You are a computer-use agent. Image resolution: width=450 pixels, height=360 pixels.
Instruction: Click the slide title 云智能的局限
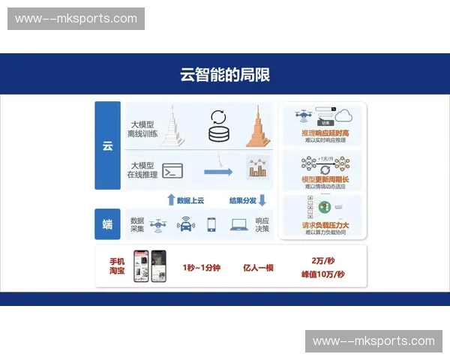(225, 74)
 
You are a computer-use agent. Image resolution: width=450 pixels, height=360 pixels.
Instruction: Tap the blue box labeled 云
(107, 145)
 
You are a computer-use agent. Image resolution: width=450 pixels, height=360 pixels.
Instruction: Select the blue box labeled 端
(107, 223)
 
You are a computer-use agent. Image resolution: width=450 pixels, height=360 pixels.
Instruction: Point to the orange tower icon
(257, 125)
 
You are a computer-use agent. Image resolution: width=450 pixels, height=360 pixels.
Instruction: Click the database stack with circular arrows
(219, 126)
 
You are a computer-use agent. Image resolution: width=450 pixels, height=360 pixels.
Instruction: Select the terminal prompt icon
(173, 171)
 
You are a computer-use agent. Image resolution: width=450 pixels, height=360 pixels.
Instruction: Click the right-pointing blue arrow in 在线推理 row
(217, 172)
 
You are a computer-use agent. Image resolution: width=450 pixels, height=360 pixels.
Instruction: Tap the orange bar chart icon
(258, 169)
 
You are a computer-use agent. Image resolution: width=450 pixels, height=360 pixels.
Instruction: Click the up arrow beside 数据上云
(171, 199)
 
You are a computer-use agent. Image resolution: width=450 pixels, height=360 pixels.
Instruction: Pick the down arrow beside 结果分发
(262, 199)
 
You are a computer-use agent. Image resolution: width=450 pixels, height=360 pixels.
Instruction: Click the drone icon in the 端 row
(158, 223)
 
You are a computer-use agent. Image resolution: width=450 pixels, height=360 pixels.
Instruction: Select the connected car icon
(185, 223)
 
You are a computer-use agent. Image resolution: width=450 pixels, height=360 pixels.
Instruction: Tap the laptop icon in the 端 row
(239, 223)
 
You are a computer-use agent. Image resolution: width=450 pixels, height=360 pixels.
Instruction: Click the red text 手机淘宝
(117, 266)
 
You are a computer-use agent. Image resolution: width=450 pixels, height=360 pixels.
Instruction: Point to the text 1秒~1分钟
(201, 267)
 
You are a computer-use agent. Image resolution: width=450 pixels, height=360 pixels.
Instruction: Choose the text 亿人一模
(258, 267)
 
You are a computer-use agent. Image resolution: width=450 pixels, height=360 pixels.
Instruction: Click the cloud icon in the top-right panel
(345, 115)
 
